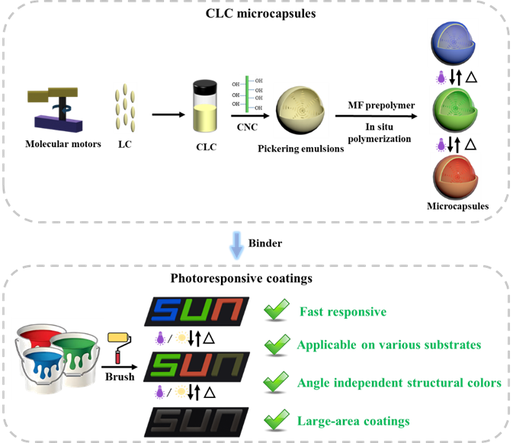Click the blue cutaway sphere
click(x=454, y=44)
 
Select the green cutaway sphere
click(x=455, y=110)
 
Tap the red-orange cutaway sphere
click(x=455, y=177)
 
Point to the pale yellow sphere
click(x=300, y=111)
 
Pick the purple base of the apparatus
click(x=58, y=123)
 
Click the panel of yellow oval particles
click(x=125, y=108)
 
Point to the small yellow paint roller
click(x=117, y=337)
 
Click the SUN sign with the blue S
click(x=197, y=311)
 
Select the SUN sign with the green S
click(x=197, y=367)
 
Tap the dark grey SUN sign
click(x=197, y=422)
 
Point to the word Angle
click(x=313, y=383)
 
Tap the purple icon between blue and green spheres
click(x=440, y=78)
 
